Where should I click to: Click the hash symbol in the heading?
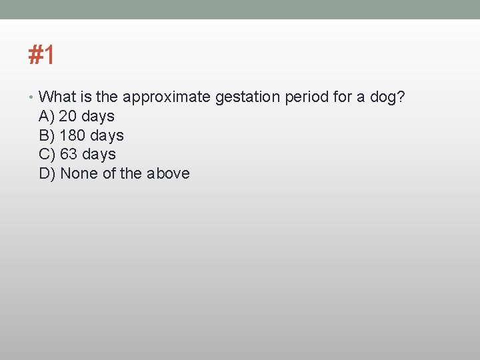(35, 55)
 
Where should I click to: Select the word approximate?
(167, 97)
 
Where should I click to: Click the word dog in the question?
(383, 97)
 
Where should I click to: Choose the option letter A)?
(47, 117)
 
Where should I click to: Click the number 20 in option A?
(68, 117)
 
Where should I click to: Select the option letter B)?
(47, 136)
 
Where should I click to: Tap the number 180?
(73, 136)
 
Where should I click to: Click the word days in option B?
(107, 136)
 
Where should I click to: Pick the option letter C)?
(47, 155)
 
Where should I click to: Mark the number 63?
(68, 155)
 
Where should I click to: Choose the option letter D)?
(47, 174)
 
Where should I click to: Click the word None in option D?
(79, 174)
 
